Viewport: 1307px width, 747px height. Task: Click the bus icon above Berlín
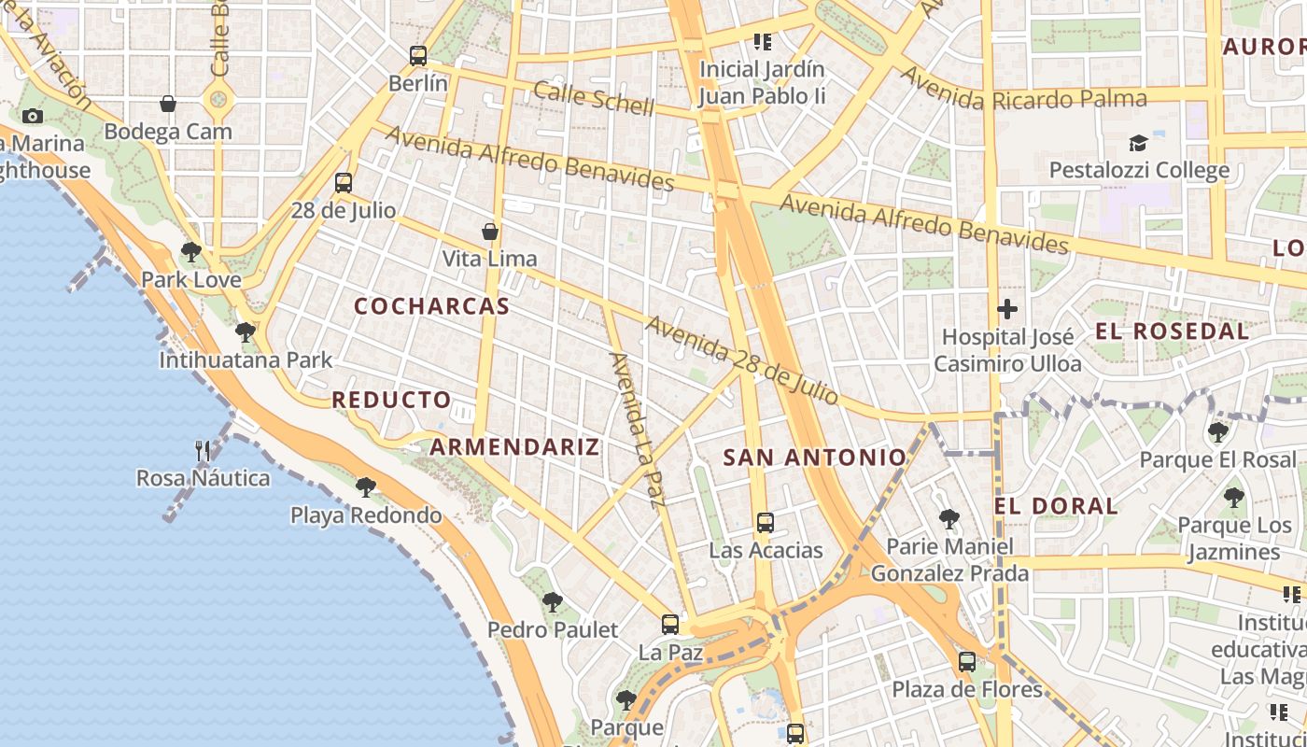click(x=418, y=56)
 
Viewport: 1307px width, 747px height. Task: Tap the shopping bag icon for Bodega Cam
click(x=168, y=103)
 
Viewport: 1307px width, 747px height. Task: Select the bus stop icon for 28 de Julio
click(x=344, y=183)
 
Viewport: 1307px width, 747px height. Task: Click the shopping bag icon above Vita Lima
click(x=490, y=231)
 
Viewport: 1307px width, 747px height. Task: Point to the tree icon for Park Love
click(x=191, y=251)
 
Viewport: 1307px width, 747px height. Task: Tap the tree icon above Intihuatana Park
click(x=246, y=331)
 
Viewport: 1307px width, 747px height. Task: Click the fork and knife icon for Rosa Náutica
click(x=203, y=451)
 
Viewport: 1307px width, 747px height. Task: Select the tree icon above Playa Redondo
click(x=366, y=486)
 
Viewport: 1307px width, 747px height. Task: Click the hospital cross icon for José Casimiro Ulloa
click(x=1007, y=309)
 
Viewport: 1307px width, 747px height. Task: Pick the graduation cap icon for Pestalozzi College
click(x=1138, y=143)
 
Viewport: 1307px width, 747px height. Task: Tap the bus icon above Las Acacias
click(x=766, y=522)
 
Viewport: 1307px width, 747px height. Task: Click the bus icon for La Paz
click(x=670, y=625)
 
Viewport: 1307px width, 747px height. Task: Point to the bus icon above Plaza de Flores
click(x=967, y=662)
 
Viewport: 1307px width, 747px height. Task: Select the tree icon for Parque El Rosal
click(x=1217, y=431)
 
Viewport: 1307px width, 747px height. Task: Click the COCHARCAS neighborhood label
click(x=432, y=306)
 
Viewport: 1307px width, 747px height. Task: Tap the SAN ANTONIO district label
click(x=815, y=458)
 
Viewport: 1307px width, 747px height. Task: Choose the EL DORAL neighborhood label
click(x=1056, y=506)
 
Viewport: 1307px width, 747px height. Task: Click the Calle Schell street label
click(x=594, y=97)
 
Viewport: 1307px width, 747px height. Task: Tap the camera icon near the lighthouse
click(x=33, y=116)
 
